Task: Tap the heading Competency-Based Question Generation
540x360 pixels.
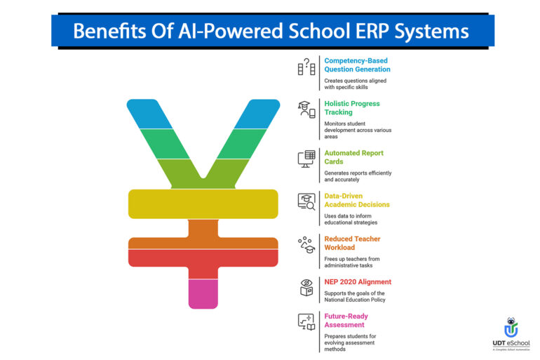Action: click(x=357, y=65)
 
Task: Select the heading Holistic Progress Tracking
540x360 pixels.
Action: click(x=351, y=107)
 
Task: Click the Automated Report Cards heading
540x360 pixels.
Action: click(x=353, y=156)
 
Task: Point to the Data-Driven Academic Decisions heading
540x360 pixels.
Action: click(x=358, y=200)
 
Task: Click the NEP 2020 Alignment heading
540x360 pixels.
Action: click(x=358, y=282)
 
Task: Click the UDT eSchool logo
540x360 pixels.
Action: click(x=511, y=334)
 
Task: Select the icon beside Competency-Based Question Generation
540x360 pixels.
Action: click(x=306, y=66)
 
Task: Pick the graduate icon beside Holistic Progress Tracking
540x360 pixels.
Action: click(x=306, y=109)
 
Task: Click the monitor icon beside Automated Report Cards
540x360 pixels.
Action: click(x=306, y=159)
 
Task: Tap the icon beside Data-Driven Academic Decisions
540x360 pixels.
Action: click(x=306, y=201)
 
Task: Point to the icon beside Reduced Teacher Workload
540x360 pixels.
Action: click(x=306, y=244)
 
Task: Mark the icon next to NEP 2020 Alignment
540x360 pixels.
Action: click(x=306, y=287)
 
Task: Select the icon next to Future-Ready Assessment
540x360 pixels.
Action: click(x=306, y=322)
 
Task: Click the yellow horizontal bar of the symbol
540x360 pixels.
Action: click(x=203, y=203)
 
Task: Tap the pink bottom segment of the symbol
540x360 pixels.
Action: click(x=203, y=293)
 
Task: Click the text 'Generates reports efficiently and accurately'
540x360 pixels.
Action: click(x=358, y=176)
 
